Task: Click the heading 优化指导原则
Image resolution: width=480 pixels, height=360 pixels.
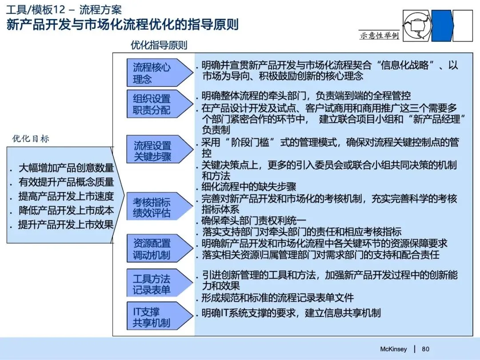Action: click(x=159, y=45)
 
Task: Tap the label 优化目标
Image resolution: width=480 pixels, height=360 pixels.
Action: click(x=31, y=139)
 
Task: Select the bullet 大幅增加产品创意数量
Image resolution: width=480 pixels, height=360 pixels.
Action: click(x=66, y=168)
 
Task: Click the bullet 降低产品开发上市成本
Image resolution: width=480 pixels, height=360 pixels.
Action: click(x=66, y=210)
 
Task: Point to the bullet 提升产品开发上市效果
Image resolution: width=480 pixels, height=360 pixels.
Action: click(x=66, y=224)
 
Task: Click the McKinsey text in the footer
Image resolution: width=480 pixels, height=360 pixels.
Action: click(x=393, y=349)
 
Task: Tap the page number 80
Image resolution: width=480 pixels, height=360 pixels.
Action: click(x=425, y=349)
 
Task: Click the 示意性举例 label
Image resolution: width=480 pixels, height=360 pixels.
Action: click(x=379, y=36)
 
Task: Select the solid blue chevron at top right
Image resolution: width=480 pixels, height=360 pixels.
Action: click(x=441, y=26)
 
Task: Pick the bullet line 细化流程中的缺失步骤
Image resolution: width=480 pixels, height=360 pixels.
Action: click(x=249, y=187)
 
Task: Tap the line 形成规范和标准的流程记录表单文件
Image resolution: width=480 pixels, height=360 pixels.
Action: click(x=278, y=298)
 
